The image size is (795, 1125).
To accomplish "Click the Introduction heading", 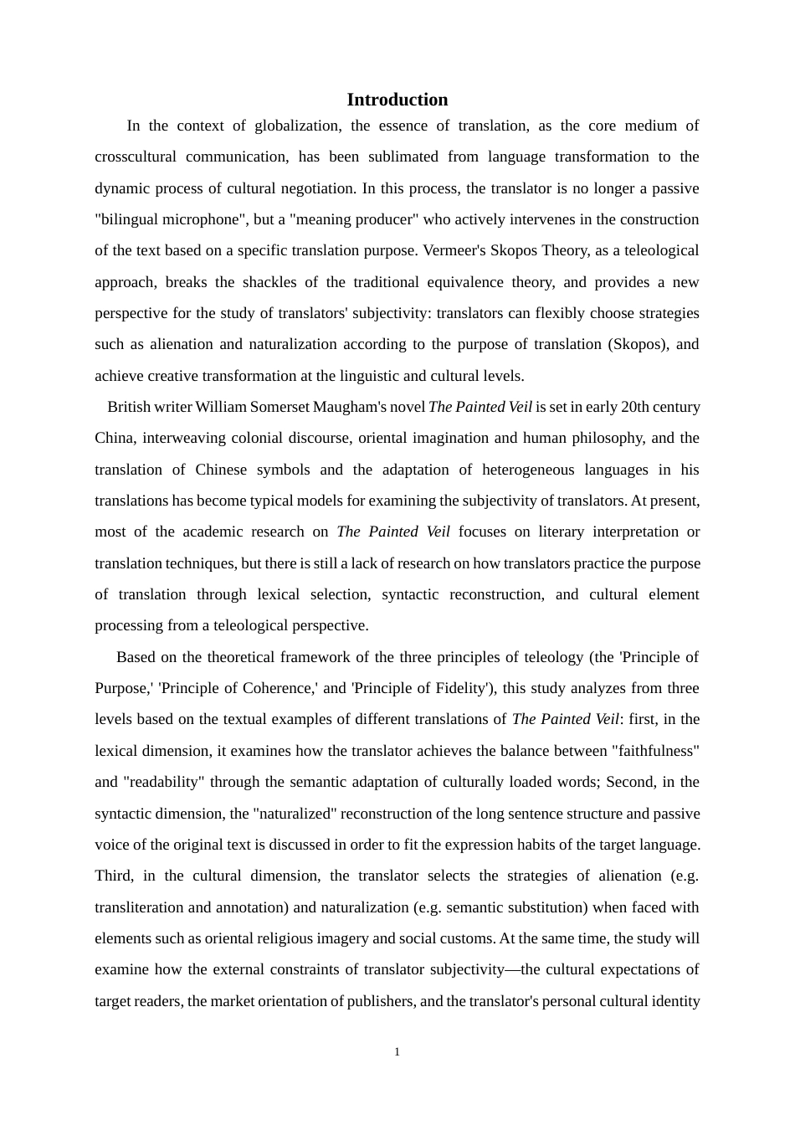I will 397,100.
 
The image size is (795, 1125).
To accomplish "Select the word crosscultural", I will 136,157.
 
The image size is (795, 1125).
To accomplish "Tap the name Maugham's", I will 350,407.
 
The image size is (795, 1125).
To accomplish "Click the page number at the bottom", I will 397,1052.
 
